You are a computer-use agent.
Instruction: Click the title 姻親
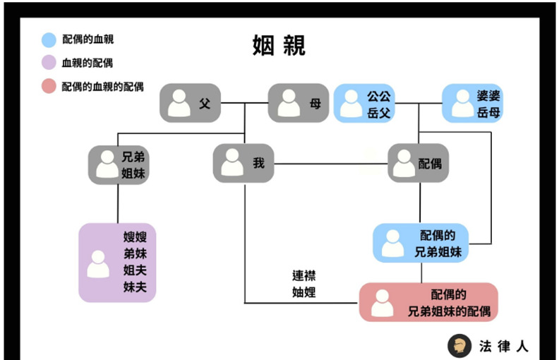279,46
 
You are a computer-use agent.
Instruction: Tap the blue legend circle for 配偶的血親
49,40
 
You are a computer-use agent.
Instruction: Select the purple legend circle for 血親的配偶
49,63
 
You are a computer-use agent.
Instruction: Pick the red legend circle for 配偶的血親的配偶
49,87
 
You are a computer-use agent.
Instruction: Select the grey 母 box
298,103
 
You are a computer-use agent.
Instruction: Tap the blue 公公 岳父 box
364,103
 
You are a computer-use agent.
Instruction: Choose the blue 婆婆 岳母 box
472,103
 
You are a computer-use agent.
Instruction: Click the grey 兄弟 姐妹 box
117,164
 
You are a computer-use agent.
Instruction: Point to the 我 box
243,164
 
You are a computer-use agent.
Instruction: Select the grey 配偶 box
418,164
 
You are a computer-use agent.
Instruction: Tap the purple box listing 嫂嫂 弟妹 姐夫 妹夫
117,262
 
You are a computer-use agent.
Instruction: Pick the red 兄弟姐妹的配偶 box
428,302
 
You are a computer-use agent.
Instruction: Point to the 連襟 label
303,276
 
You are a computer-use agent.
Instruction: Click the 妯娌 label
303,292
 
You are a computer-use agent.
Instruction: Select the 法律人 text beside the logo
503,346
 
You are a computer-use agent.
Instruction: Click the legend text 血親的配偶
88,63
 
